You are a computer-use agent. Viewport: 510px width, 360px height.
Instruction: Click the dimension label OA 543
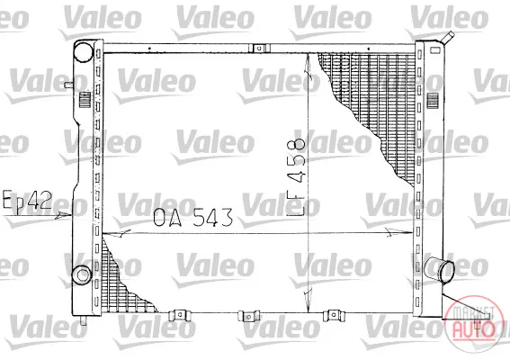[x=193, y=218]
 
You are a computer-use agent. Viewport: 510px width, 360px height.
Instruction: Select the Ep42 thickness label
[x=27, y=200]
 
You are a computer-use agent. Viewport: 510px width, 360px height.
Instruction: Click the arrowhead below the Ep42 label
[x=63, y=215]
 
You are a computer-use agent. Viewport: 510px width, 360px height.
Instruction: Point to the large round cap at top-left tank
[x=84, y=52]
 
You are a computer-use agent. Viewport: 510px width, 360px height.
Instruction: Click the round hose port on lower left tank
[x=82, y=274]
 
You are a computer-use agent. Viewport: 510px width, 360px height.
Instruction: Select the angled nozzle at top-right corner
[x=446, y=38]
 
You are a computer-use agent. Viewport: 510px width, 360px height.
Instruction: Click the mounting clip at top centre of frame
[x=260, y=49]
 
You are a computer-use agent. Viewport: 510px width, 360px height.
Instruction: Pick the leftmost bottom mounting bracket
[x=180, y=315]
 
